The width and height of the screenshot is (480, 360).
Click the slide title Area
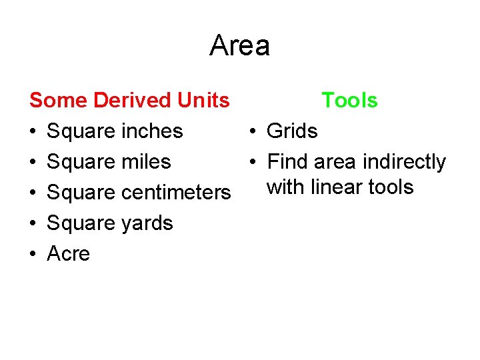point(239,46)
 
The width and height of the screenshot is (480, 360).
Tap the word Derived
point(133,101)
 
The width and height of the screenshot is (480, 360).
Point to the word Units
point(203,101)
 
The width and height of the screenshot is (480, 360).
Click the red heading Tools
point(349,101)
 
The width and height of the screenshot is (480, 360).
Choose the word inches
point(152,131)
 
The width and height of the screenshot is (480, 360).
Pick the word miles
point(146,162)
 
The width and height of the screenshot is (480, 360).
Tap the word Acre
point(68,254)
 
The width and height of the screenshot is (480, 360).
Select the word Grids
point(292,131)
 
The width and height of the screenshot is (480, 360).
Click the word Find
point(287,162)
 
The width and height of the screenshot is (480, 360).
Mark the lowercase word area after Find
point(335,162)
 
